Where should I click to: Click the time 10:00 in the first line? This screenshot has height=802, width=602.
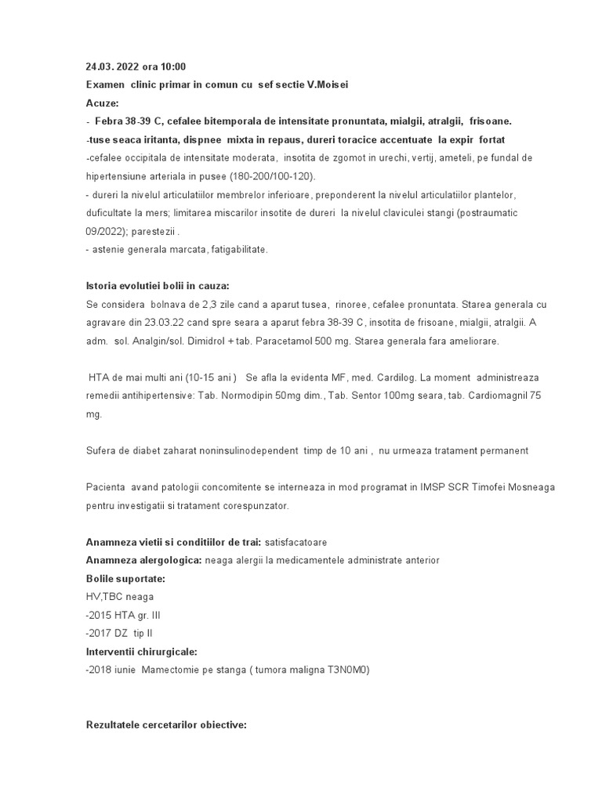172,67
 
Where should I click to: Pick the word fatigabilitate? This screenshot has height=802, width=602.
235,249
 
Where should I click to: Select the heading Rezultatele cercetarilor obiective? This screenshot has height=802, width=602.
166,725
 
